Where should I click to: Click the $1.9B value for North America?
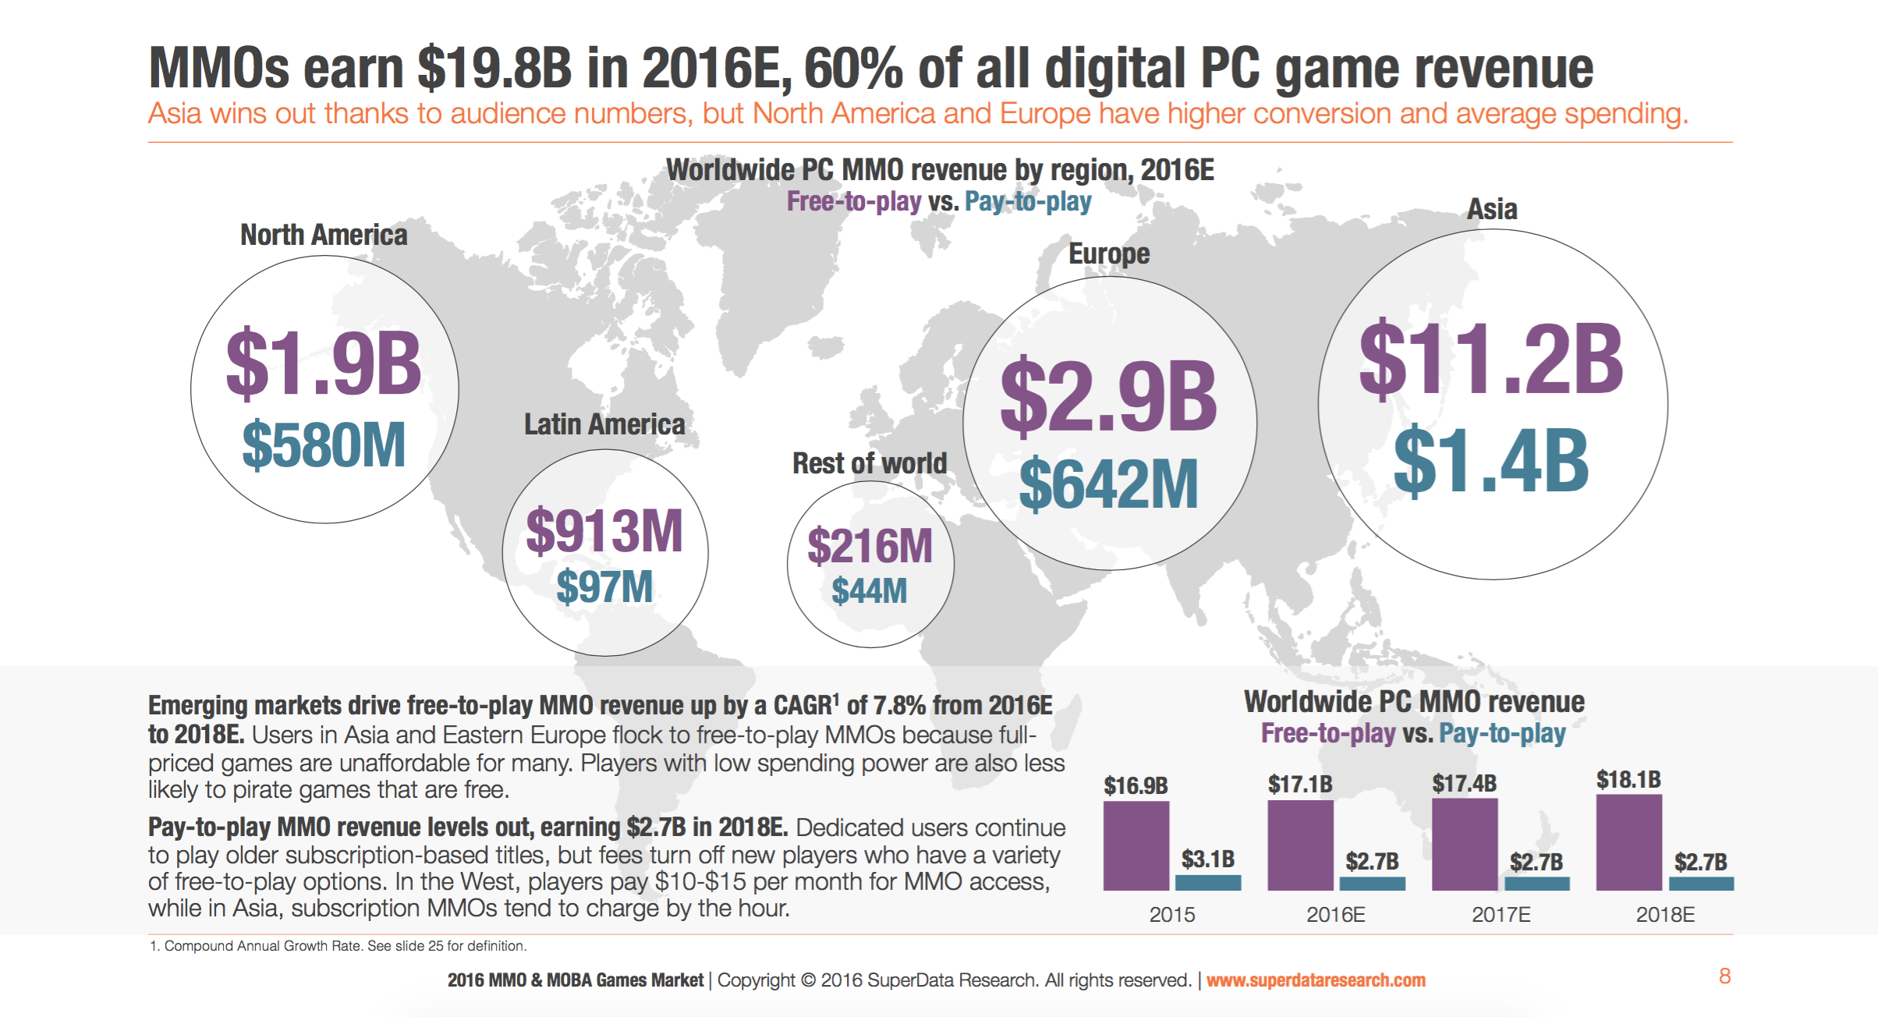[x=324, y=363]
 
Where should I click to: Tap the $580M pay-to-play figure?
[x=324, y=445]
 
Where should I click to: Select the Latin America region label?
[x=604, y=425]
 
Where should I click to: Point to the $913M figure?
[x=604, y=531]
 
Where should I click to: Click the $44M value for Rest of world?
[x=870, y=591]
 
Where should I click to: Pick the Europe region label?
[x=1108, y=254]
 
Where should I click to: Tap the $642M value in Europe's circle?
[x=1108, y=484]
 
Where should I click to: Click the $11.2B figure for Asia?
[x=1491, y=359]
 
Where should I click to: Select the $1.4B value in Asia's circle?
[x=1491, y=462]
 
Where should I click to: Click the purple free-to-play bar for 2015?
[x=1136, y=846]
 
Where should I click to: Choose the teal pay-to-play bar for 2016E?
[x=1372, y=884]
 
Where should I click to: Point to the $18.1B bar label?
[x=1628, y=780]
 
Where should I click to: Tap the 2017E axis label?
[x=1501, y=915]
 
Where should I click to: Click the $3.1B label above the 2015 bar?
[x=1207, y=859]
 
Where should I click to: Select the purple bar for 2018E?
[x=1628, y=842]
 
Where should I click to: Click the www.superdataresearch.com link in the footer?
[x=1316, y=980]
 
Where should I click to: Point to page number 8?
[x=1724, y=976]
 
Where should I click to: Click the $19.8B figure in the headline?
[x=494, y=69]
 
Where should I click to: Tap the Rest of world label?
[x=870, y=463]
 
